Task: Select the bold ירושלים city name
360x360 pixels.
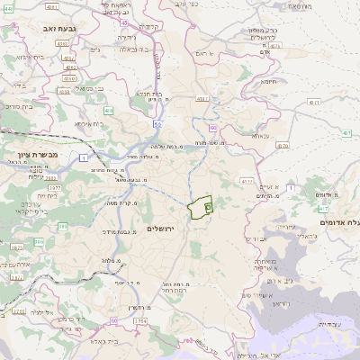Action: tap(163, 229)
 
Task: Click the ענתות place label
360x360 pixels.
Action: tap(261, 135)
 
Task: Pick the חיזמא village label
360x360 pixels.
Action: tap(268, 81)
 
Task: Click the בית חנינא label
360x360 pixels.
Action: tap(148, 93)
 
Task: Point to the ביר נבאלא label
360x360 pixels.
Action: tap(130, 49)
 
